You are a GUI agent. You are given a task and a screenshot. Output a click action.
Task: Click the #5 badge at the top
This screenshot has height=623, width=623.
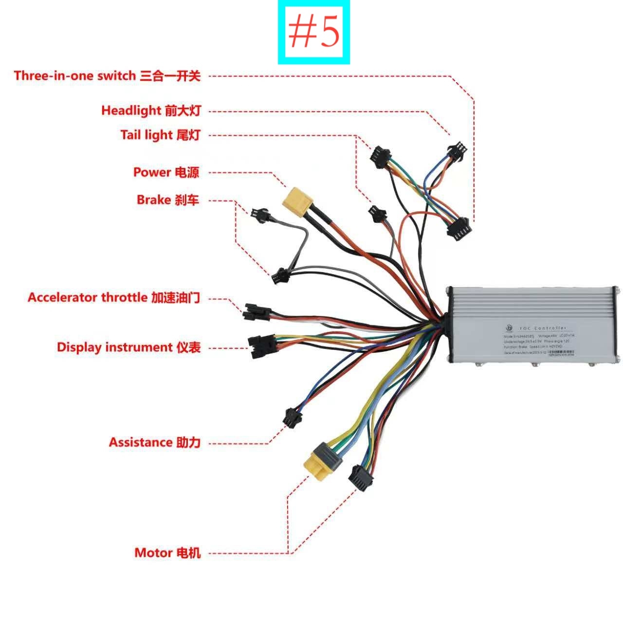[314, 33]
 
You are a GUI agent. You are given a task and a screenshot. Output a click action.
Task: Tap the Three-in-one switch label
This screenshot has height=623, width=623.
[107, 76]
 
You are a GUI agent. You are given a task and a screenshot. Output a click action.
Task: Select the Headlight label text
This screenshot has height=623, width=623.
[151, 110]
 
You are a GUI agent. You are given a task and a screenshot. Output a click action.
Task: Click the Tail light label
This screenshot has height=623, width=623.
[160, 135]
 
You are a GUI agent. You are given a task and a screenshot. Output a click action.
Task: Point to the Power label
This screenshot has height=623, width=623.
[166, 172]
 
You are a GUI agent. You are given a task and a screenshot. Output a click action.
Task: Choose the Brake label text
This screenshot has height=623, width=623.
[168, 200]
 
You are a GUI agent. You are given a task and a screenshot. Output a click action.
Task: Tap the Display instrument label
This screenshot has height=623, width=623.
[128, 348]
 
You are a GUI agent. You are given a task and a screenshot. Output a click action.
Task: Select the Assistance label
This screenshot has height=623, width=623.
[154, 442]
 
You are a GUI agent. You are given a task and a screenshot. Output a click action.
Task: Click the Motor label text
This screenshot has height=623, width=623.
[167, 553]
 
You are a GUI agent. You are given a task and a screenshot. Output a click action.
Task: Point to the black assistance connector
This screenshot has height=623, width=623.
[293, 418]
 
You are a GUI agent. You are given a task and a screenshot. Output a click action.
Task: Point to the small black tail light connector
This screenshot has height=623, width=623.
[376, 214]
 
